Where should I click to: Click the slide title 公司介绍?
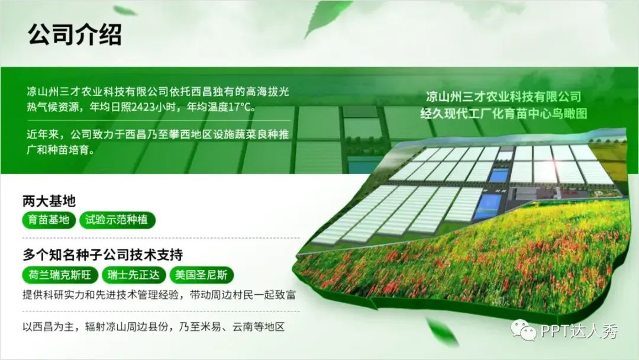coord(75,34)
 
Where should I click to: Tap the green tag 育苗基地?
coord(49,220)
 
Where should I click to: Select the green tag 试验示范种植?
coord(117,220)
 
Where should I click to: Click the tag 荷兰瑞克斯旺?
coord(60,275)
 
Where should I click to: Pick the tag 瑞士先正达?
coord(133,275)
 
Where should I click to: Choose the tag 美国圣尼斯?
coord(201,275)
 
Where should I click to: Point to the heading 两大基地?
coord(49,201)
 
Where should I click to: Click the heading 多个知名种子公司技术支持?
coord(103,255)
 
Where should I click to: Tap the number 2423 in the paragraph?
coord(144,107)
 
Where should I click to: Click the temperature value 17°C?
coord(240,107)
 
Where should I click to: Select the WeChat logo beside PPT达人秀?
coord(523,329)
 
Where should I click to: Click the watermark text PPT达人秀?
coord(579,330)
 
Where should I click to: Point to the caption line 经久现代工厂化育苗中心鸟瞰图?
coord(504,113)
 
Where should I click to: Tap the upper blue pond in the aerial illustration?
coord(498,176)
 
